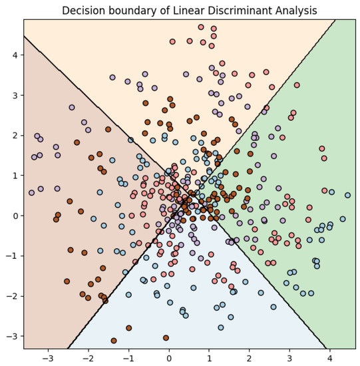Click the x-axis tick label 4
(x=331, y=359)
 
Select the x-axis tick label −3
(x=47, y=359)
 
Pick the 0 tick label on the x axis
(x=169, y=359)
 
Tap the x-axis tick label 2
(x=250, y=359)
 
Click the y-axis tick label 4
(x=15, y=55)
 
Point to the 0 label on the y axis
(x=15, y=216)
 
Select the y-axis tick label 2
(x=15, y=135)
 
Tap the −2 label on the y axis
(x=12, y=295)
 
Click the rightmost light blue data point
(x=347, y=195)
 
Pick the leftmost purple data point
(x=31, y=192)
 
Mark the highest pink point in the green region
(x=297, y=85)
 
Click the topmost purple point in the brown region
(x=72, y=107)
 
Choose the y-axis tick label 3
(x=15, y=95)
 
